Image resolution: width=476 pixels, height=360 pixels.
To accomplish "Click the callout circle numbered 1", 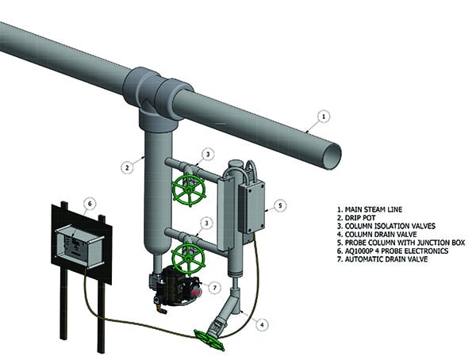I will point(323,117).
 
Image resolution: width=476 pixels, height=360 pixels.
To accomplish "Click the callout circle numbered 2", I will point(127,167).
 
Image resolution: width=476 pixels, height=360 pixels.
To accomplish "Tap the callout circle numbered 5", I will point(281,205).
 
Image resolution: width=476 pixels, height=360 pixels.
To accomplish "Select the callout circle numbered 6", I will point(90,204).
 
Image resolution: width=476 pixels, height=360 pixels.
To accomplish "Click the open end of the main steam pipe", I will point(332,151).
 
